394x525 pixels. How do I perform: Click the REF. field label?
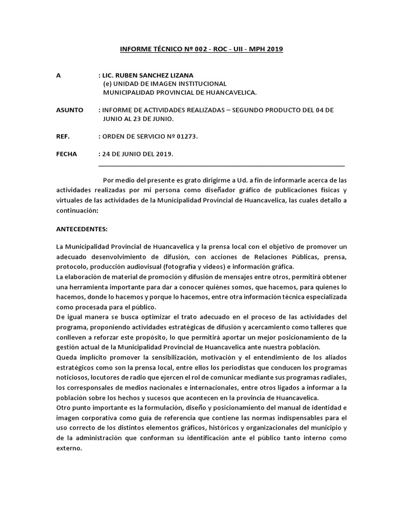(x=63, y=137)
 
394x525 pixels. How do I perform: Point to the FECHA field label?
(x=67, y=154)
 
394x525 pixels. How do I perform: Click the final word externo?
(x=69, y=447)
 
